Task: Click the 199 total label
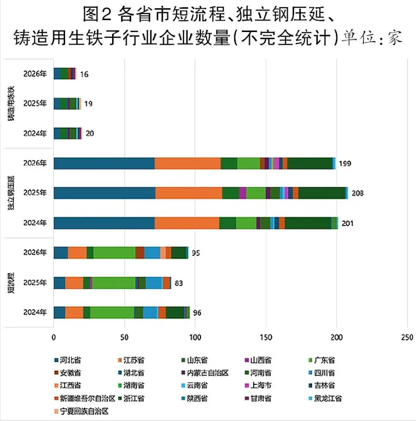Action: [345, 164]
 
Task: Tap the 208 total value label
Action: [357, 193]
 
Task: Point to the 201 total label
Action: [347, 223]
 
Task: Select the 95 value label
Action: [196, 253]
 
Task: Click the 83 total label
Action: [179, 283]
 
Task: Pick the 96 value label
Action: [197, 313]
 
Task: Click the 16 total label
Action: [84, 74]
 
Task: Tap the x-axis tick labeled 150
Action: [266, 337]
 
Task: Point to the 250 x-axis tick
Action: [407, 337]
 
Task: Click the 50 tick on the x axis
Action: [125, 337]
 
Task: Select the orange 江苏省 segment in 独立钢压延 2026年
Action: [188, 163]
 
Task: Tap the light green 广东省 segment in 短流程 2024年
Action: [112, 313]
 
